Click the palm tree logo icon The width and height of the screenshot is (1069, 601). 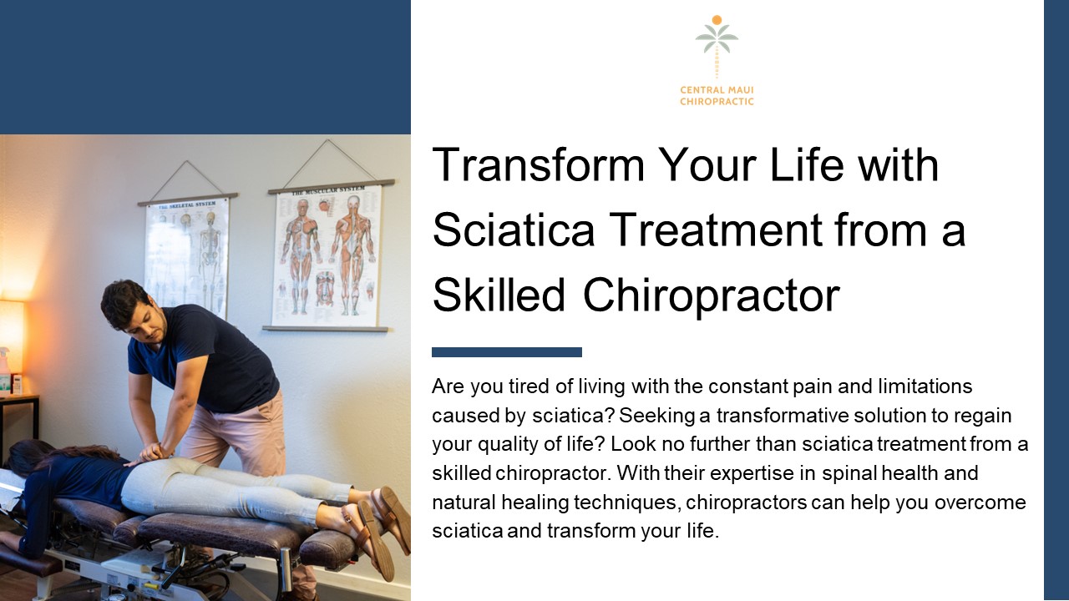[x=717, y=46]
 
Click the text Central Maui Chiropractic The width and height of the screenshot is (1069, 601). [x=717, y=96]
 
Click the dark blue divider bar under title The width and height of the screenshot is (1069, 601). [x=506, y=352]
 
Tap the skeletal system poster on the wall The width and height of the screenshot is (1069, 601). [x=187, y=255]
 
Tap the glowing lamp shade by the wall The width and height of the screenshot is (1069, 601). [x=11, y=335]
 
